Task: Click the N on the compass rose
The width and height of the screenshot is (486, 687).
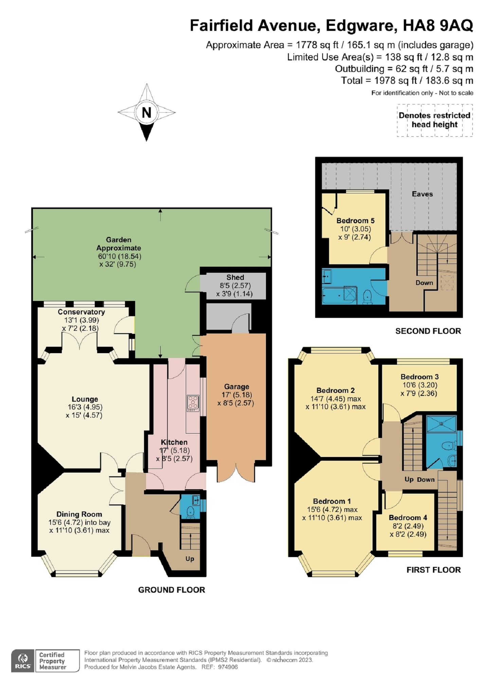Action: (146, 112)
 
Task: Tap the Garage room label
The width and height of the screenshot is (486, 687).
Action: (236, 386)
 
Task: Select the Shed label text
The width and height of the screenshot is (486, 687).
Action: (235, 277)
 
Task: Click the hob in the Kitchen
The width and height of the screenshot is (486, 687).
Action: (193, 403)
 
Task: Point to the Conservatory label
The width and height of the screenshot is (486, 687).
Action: (81, 312)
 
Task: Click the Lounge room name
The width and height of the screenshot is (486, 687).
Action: (85, 399)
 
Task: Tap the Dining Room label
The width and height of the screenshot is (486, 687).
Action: (79, 514)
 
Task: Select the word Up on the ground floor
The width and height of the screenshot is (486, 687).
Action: (190, 558)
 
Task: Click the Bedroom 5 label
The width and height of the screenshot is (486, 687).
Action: (355, 221)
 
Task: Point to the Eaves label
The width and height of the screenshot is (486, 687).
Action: (422, 194)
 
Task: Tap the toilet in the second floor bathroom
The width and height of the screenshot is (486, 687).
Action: (367, 297)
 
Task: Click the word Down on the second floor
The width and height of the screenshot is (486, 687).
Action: (424, 283)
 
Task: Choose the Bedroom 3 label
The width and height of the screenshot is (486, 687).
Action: (419, 377)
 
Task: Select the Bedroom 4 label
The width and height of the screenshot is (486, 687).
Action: (408, 518)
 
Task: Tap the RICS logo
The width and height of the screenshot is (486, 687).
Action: (23, 661)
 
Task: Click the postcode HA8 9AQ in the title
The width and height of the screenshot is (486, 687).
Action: (438, 25)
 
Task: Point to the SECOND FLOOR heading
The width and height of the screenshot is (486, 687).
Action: (428, 331)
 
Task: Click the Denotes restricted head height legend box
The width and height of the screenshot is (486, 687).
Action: (435, 120)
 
